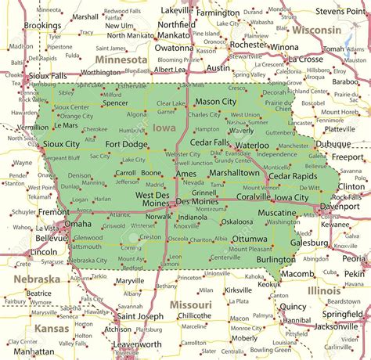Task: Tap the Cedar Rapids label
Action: [x=294, y=176]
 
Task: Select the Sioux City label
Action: [x=63, y=145]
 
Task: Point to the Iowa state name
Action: [x=164, y=127]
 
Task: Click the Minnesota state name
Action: [x=121, y=59]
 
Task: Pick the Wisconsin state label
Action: [x=316, y=30]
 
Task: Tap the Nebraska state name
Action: [x=36, y=279]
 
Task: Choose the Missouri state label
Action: [x=191, y=304]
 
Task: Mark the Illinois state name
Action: [x=324, y=290]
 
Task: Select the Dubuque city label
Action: [x=336, y=144]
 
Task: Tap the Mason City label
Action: [x=215, y=102]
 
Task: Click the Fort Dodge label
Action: [x=127, y=144]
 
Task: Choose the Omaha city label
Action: [x=77, y=224]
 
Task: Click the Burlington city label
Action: [x=276, y=259]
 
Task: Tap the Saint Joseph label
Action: [x=140, y=317]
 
